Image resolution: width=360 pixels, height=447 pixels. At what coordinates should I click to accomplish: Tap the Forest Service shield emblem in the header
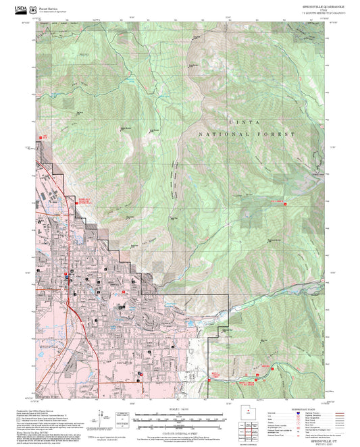pos(32,9)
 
